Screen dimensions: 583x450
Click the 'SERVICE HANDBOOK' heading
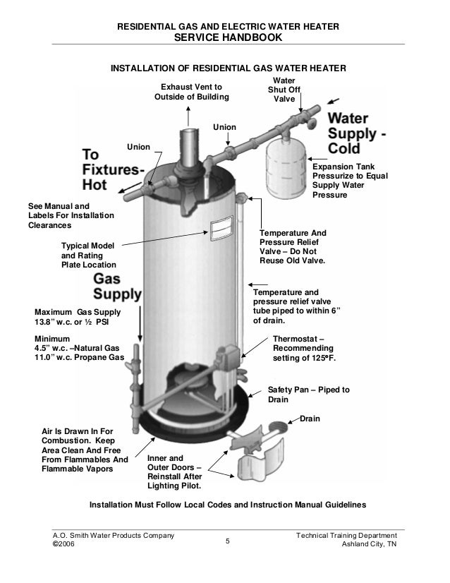[225, 37]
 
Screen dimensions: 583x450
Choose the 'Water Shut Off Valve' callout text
[284, 90]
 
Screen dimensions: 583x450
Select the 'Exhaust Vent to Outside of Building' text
[188, 92]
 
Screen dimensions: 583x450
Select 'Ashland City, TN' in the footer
[370, 546]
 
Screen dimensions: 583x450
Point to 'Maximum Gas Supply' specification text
[78, 318]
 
